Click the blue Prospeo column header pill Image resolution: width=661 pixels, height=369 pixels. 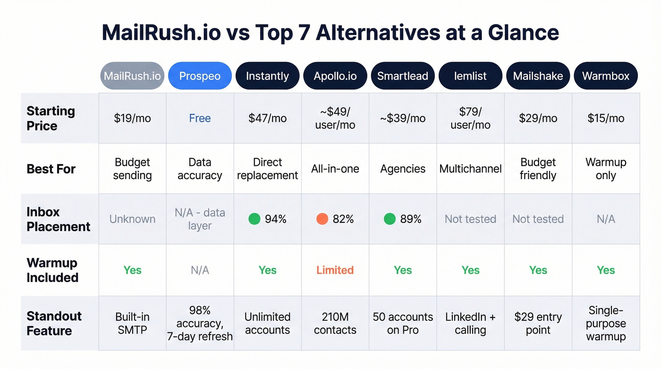(x=200, y=76)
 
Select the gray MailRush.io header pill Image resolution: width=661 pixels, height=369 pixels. (x=132, y=76)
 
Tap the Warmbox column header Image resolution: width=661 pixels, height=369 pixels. (x=606, y=76)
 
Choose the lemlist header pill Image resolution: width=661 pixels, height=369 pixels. (x=470, y=76)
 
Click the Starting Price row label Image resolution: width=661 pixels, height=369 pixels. (x=51, y=118)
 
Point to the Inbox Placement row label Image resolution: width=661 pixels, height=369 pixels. (x=58, y=219)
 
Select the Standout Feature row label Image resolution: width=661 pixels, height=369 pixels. (x=54, y=323)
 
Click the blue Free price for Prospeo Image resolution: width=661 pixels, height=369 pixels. (x=200, y=118)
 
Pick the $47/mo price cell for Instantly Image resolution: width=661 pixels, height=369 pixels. (x=267, y=118)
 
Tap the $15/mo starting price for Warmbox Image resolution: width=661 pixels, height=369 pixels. (x=606, y=118)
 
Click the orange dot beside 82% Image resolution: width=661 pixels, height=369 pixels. (x=322, y=219)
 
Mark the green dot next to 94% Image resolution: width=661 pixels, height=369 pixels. (x=254, y=219)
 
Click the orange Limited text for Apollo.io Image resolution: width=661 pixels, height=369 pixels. (x=335, y=270)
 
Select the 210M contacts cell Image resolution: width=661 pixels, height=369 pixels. (x=335, y=323)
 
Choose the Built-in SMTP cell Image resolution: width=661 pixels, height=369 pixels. (x=132, y=323)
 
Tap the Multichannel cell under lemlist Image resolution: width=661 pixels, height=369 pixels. (x=470, y=169)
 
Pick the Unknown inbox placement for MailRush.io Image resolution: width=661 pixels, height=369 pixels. (x=132, y=219)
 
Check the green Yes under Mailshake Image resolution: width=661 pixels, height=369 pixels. (x=538, y=270)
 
